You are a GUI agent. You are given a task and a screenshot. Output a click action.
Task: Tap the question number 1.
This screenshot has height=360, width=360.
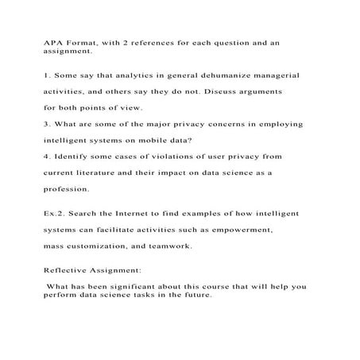[46, 75]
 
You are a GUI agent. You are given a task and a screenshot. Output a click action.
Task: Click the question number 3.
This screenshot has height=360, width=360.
[46, 124]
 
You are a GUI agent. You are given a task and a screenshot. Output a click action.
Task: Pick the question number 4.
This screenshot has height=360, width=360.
[46, 157]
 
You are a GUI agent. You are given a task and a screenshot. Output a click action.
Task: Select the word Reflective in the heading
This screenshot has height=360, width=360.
[68, 270]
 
